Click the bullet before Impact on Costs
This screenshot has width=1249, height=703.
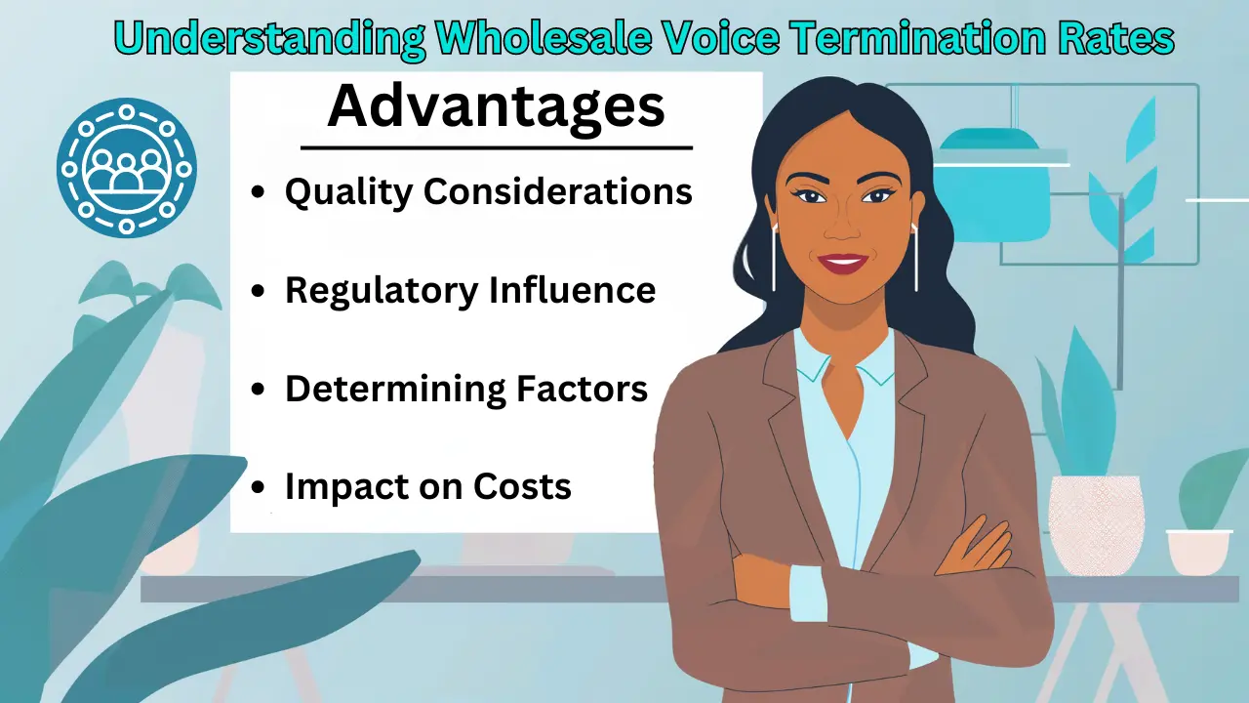[259, 487]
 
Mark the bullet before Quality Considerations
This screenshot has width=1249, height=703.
[259, 193]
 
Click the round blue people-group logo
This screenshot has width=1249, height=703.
[127, 168]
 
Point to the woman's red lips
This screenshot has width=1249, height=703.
[841, 262]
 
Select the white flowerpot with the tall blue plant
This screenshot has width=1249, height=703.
[1095, 522]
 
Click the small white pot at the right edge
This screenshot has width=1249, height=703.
[1198, 551]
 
